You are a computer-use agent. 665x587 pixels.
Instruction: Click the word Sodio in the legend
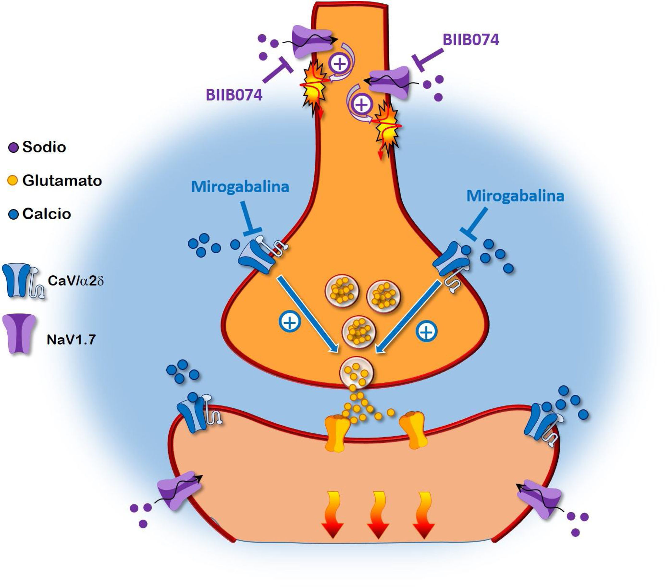pyautogui.click(x=44, y=147)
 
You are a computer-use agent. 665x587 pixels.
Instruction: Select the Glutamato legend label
pyautogui.click(x=62, y=181)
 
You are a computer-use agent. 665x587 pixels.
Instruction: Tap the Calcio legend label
pyautogui.click(x=47, y=214)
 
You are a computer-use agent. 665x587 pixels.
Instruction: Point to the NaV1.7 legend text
pyautogui.click(x=71, y=340)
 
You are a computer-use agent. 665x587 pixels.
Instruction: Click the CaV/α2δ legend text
pyautogui.click(x=75, y=280)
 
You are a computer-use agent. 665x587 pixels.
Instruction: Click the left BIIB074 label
pyautogui.click(x=234, y=95)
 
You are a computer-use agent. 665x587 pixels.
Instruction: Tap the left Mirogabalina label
pyautogui.click(x=240, y=187)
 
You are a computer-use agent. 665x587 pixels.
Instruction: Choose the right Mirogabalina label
pyautogui.click(x=515, y=196)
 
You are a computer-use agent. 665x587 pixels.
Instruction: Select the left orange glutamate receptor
pyautogui.click(x=337, y=431)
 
